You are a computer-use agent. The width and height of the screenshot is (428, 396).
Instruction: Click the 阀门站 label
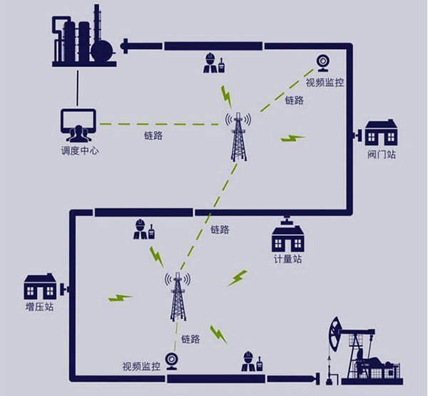pyautogui.click(x=382, y=153)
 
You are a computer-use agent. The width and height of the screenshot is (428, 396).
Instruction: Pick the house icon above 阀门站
pyautogui.click(x=381, y=133)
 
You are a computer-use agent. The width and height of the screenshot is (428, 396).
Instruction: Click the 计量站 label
pyautogui.click(x=287, y=259)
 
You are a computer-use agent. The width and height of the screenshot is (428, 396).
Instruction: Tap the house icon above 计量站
pyautogui.click(x=287, y=236)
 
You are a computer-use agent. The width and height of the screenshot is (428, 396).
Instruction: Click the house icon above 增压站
pyautogui.click(x=40, y=286)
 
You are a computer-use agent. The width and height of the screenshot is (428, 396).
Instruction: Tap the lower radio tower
pyautogui.click(x=178, y=296)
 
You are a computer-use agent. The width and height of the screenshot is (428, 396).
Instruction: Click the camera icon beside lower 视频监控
pyautogui.click(x=171, y=361)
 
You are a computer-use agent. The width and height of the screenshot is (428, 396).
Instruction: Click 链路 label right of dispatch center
pyautogui.click(x=153, y=135)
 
